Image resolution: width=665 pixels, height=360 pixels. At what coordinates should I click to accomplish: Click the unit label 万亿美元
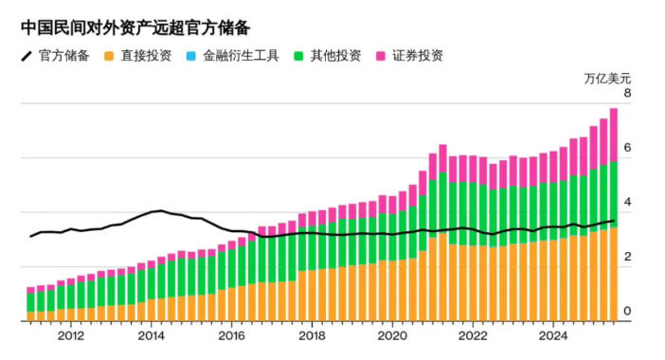tap(607, 77)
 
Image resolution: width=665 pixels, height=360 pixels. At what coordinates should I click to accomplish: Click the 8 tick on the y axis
tap(627, 95)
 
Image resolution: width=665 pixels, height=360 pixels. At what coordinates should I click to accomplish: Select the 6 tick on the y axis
tap(627, 150)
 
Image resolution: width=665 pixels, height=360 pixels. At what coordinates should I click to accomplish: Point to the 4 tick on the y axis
tap(627, 204)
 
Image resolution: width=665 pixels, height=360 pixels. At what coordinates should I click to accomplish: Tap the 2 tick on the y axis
tap(627, 258)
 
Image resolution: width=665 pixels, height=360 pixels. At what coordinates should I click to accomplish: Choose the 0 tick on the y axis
tap(627, 312)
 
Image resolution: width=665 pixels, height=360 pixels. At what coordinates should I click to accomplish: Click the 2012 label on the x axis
tap(70, 335)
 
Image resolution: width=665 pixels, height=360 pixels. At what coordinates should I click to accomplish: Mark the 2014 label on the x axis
tap(151, 335)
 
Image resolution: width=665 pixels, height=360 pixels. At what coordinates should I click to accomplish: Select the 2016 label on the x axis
tap(232, 335)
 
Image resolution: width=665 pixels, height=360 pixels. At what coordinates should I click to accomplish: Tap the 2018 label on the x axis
tap(313, 335)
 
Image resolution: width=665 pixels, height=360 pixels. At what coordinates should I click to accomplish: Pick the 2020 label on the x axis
tap(393, 335)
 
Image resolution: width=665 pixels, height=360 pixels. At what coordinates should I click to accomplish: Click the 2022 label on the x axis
tap(474, 335)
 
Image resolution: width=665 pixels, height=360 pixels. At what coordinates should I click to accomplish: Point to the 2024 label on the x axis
tap(554, 335)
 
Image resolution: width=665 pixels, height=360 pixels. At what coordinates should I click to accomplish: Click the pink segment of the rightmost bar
tap(614, 135)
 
